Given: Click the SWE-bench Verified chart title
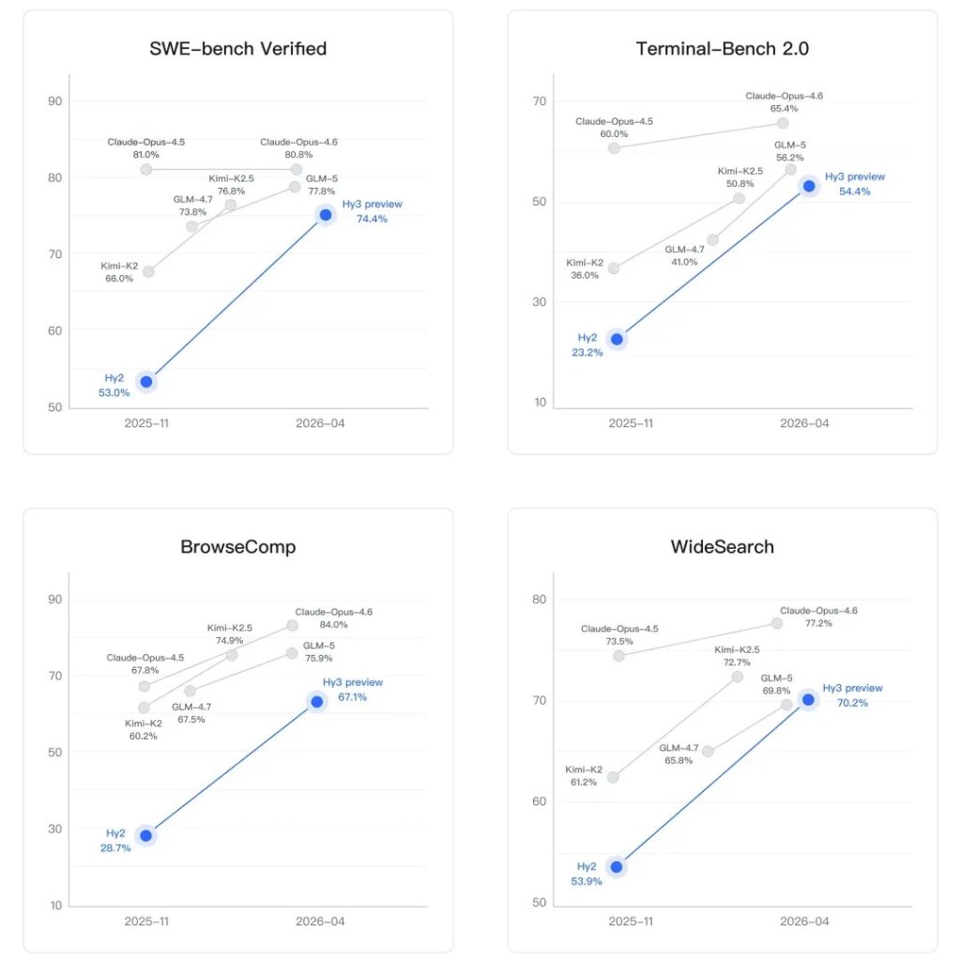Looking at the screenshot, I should pyautogui.click(x=238, y=49).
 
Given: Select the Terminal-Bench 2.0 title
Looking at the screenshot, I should pyautogui.click(x=723, y=49).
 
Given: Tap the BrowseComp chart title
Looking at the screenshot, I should pyautogui.click(x=238, y=546).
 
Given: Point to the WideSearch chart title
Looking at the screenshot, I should pyautogui.click(x=723, y=546).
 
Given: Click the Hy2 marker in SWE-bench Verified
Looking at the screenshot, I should pyautogui.click(x=145, y=381).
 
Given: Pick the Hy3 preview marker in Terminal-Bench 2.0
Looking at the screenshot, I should pyautogui.click(x=808, y=186).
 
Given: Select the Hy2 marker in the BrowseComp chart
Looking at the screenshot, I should pyautogui.click(x=145, y=835).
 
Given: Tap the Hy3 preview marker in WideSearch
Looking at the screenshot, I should pyautogui.click(x=808, y=699).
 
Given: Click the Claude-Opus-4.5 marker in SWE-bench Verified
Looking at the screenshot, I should pyautogui.click(x=145, y=169).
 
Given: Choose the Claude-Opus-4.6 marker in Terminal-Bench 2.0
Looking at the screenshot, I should pyautogui.click(x=783, y=123).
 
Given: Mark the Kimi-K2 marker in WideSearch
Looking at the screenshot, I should pyautogui.click(x=614, y=777).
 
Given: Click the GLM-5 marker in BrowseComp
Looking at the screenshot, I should pyautogui.click(x=292, y=652).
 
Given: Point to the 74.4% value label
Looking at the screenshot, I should pyautogui.click(x=372, y=220).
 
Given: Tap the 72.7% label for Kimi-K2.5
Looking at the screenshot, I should pyautogui.click(x=737, y=662).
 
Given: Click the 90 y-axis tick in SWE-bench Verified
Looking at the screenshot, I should pyautogui.click(x=54, y=101).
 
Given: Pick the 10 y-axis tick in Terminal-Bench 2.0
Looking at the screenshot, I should pyautogui.click(x=540, y=403).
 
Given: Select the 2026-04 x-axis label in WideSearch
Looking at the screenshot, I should pyautogui.click(x=804, y=922).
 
